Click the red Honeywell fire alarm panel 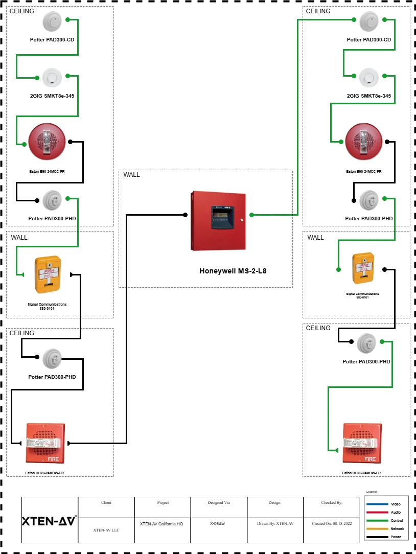pos(218,221)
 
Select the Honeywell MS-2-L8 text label pos(233,271)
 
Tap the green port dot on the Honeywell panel pos(251,215)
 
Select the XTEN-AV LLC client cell pos(106,530)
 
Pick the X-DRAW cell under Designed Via pos(218,524)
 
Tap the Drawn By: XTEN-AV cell pos(275,524)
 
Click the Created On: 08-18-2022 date pos(331,524)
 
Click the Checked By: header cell pos(331,503)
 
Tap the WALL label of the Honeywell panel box pos(131,175)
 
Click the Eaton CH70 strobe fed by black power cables pos(43,443)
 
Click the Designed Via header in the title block pos(218,503)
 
